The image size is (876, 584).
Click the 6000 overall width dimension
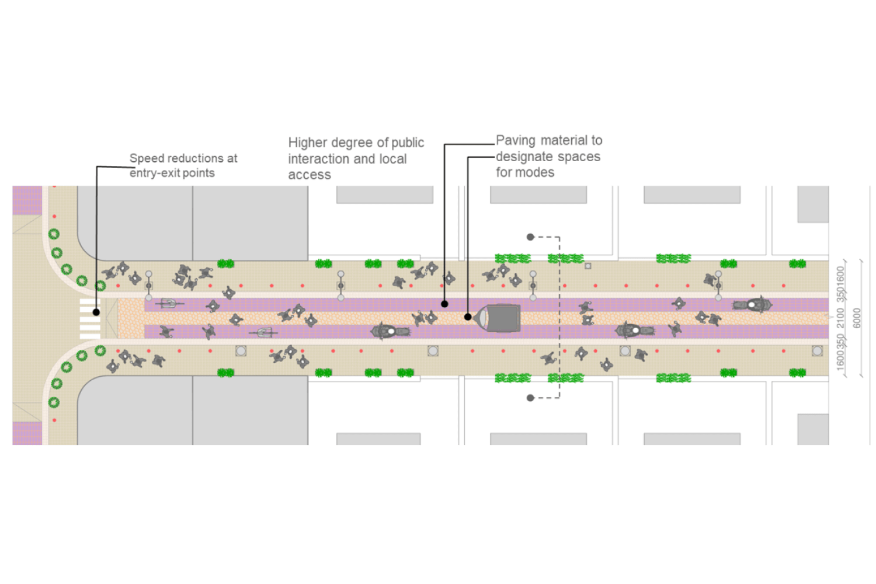click(x=857, y=318)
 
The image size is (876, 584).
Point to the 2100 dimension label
click(x=841, y=318)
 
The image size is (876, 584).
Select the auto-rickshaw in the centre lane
click(x=498, y=318)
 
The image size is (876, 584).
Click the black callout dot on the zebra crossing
click(x=96, y=312)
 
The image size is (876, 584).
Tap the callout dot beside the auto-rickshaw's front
click(x=468, y=317)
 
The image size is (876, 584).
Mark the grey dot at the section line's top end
click(x=530, y=237)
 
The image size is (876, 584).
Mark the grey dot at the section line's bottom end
click(x=530, y=398)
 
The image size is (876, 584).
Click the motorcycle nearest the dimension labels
click(x=753, y=304)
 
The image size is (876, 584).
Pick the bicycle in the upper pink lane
click(x=169, y=303)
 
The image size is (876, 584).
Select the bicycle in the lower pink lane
click(x=263, y=332)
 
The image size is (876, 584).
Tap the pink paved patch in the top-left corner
click(x=27, y=200)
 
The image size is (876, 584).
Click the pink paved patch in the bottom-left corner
click(x=27, y=433)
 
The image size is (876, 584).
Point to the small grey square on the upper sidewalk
click(x=588, y=266)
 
